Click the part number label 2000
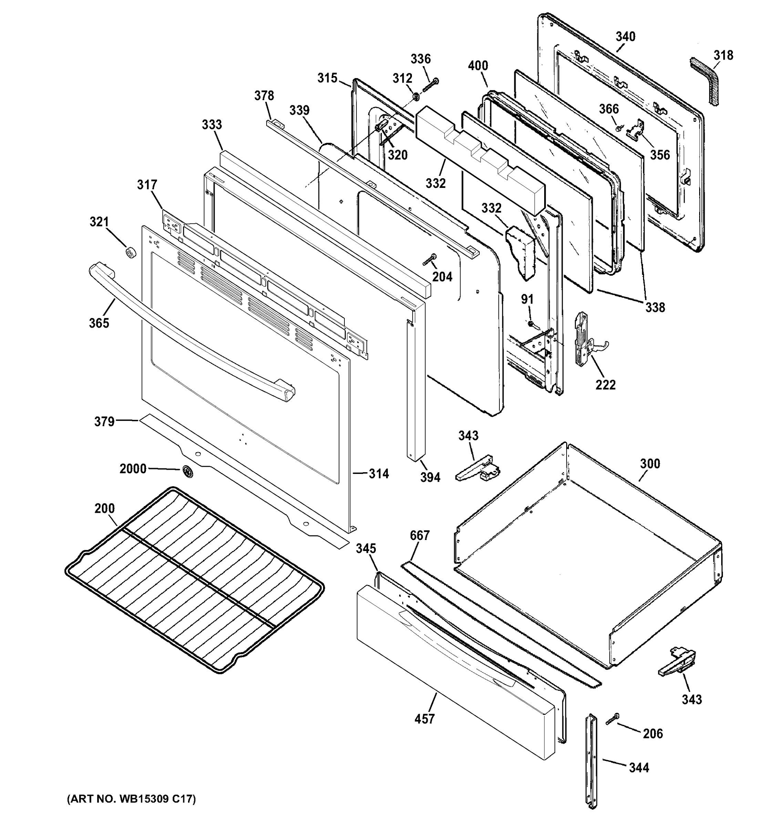pos(133,469)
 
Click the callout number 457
pos(424,719)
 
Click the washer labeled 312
pos(415,97)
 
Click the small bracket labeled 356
pos(636,129)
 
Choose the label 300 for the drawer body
pos(649,464)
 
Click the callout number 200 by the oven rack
pos(104,508)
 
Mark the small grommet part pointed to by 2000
pos(187,471)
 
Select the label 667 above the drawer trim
pos(419,535)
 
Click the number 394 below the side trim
pos(430,477)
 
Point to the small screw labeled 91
pos(532,323)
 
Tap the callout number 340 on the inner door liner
pos(625,36)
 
